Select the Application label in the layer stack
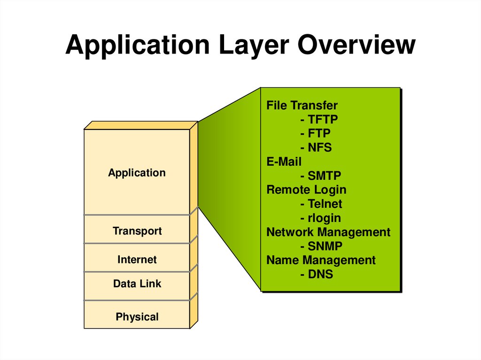click(137, 173)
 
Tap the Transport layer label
click(137, 231)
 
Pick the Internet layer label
click(137, 260)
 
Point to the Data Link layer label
click(137, 283)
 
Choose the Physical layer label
click(137, 317)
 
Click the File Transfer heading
click(302, 106)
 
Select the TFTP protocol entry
click(322, 120)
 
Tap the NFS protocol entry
click(319, 148)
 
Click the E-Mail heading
click(284, 162)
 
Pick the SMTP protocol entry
click(324, 176)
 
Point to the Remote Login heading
click(306, 190)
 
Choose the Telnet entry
click(325, 204)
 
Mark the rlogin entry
click(324, 218)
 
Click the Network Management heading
click(328, 232)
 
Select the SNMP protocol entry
click(325, 246)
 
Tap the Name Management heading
click(321, 260)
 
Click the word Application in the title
click(138, 45)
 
